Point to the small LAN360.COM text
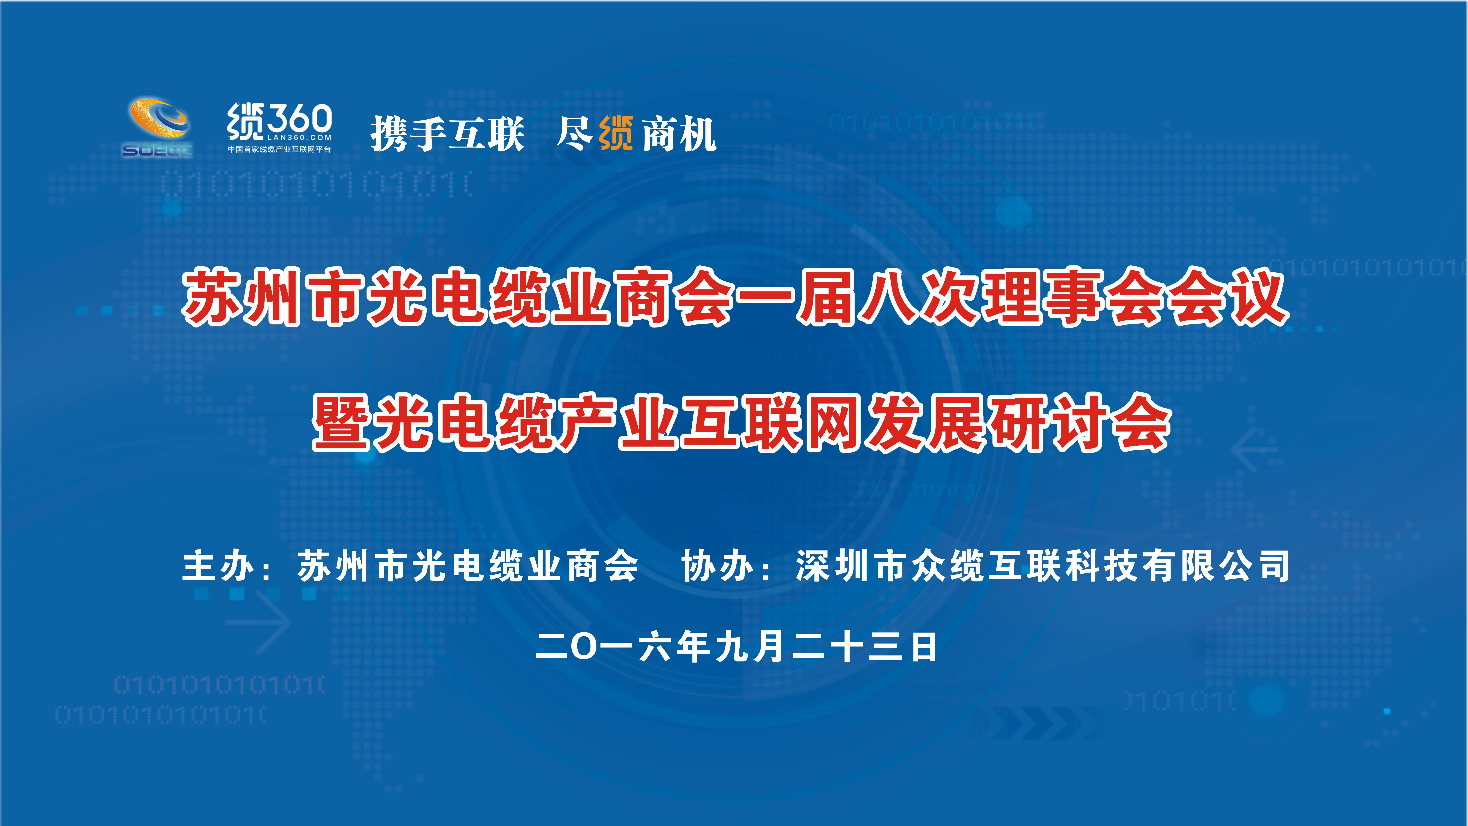[x=299, y=137]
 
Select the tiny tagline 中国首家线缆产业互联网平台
[x=279, y=149]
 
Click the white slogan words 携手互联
[x=447, y=134]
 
